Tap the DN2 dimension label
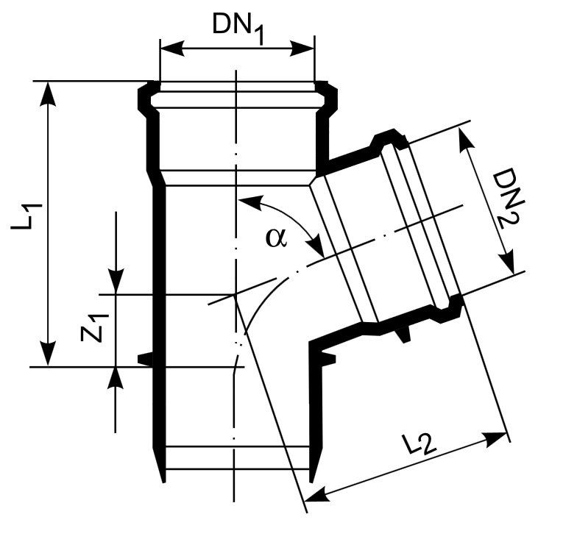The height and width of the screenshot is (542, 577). [x=509, y=198]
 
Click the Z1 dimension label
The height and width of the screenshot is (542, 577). [x=94, y=328]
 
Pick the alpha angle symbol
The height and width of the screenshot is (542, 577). [x=275, y=238]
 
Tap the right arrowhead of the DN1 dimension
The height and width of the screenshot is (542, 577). [x=302, y=49]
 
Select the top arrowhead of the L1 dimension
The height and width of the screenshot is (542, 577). [x=48, y=94]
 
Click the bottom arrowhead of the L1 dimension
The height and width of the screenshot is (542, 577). [x=48, y=353]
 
